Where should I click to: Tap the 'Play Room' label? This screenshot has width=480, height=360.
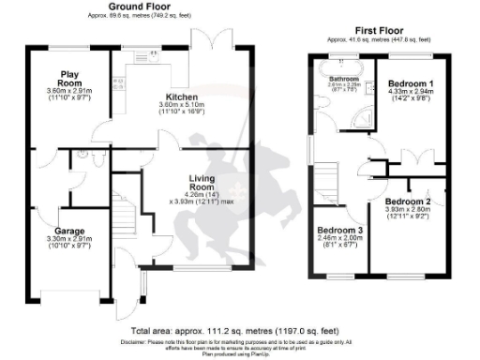point(68,77)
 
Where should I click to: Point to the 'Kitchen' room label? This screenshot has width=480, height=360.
point(182,97)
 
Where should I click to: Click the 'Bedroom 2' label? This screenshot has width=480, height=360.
point(408,202)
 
